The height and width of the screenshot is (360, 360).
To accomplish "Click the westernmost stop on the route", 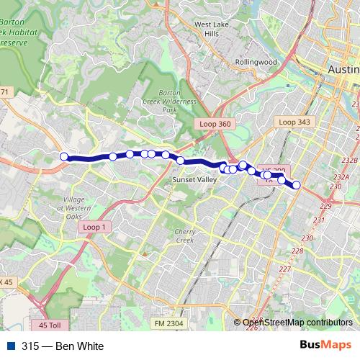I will click(x=64, y=156).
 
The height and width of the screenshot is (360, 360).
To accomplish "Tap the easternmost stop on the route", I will click(x=296, y=185).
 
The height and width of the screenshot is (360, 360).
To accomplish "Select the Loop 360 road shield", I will click(x=215, y=125).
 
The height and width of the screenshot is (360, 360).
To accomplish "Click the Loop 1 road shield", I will click(x=94, y=227).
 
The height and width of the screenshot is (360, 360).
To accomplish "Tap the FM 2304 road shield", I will click(x=168, y=324).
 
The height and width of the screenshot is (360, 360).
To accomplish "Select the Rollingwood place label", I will click(x=256, y=63).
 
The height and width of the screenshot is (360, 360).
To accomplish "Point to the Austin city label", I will click(x=343, y=69).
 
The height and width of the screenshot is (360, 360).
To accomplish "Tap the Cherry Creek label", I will click(x=185, y=235).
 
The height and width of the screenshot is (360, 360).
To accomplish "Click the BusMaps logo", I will click(x=326, y=346).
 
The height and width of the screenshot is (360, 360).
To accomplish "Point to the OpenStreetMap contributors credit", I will click(x=297, y=323).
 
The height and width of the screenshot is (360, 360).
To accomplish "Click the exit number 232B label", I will click(x=350, y=160).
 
